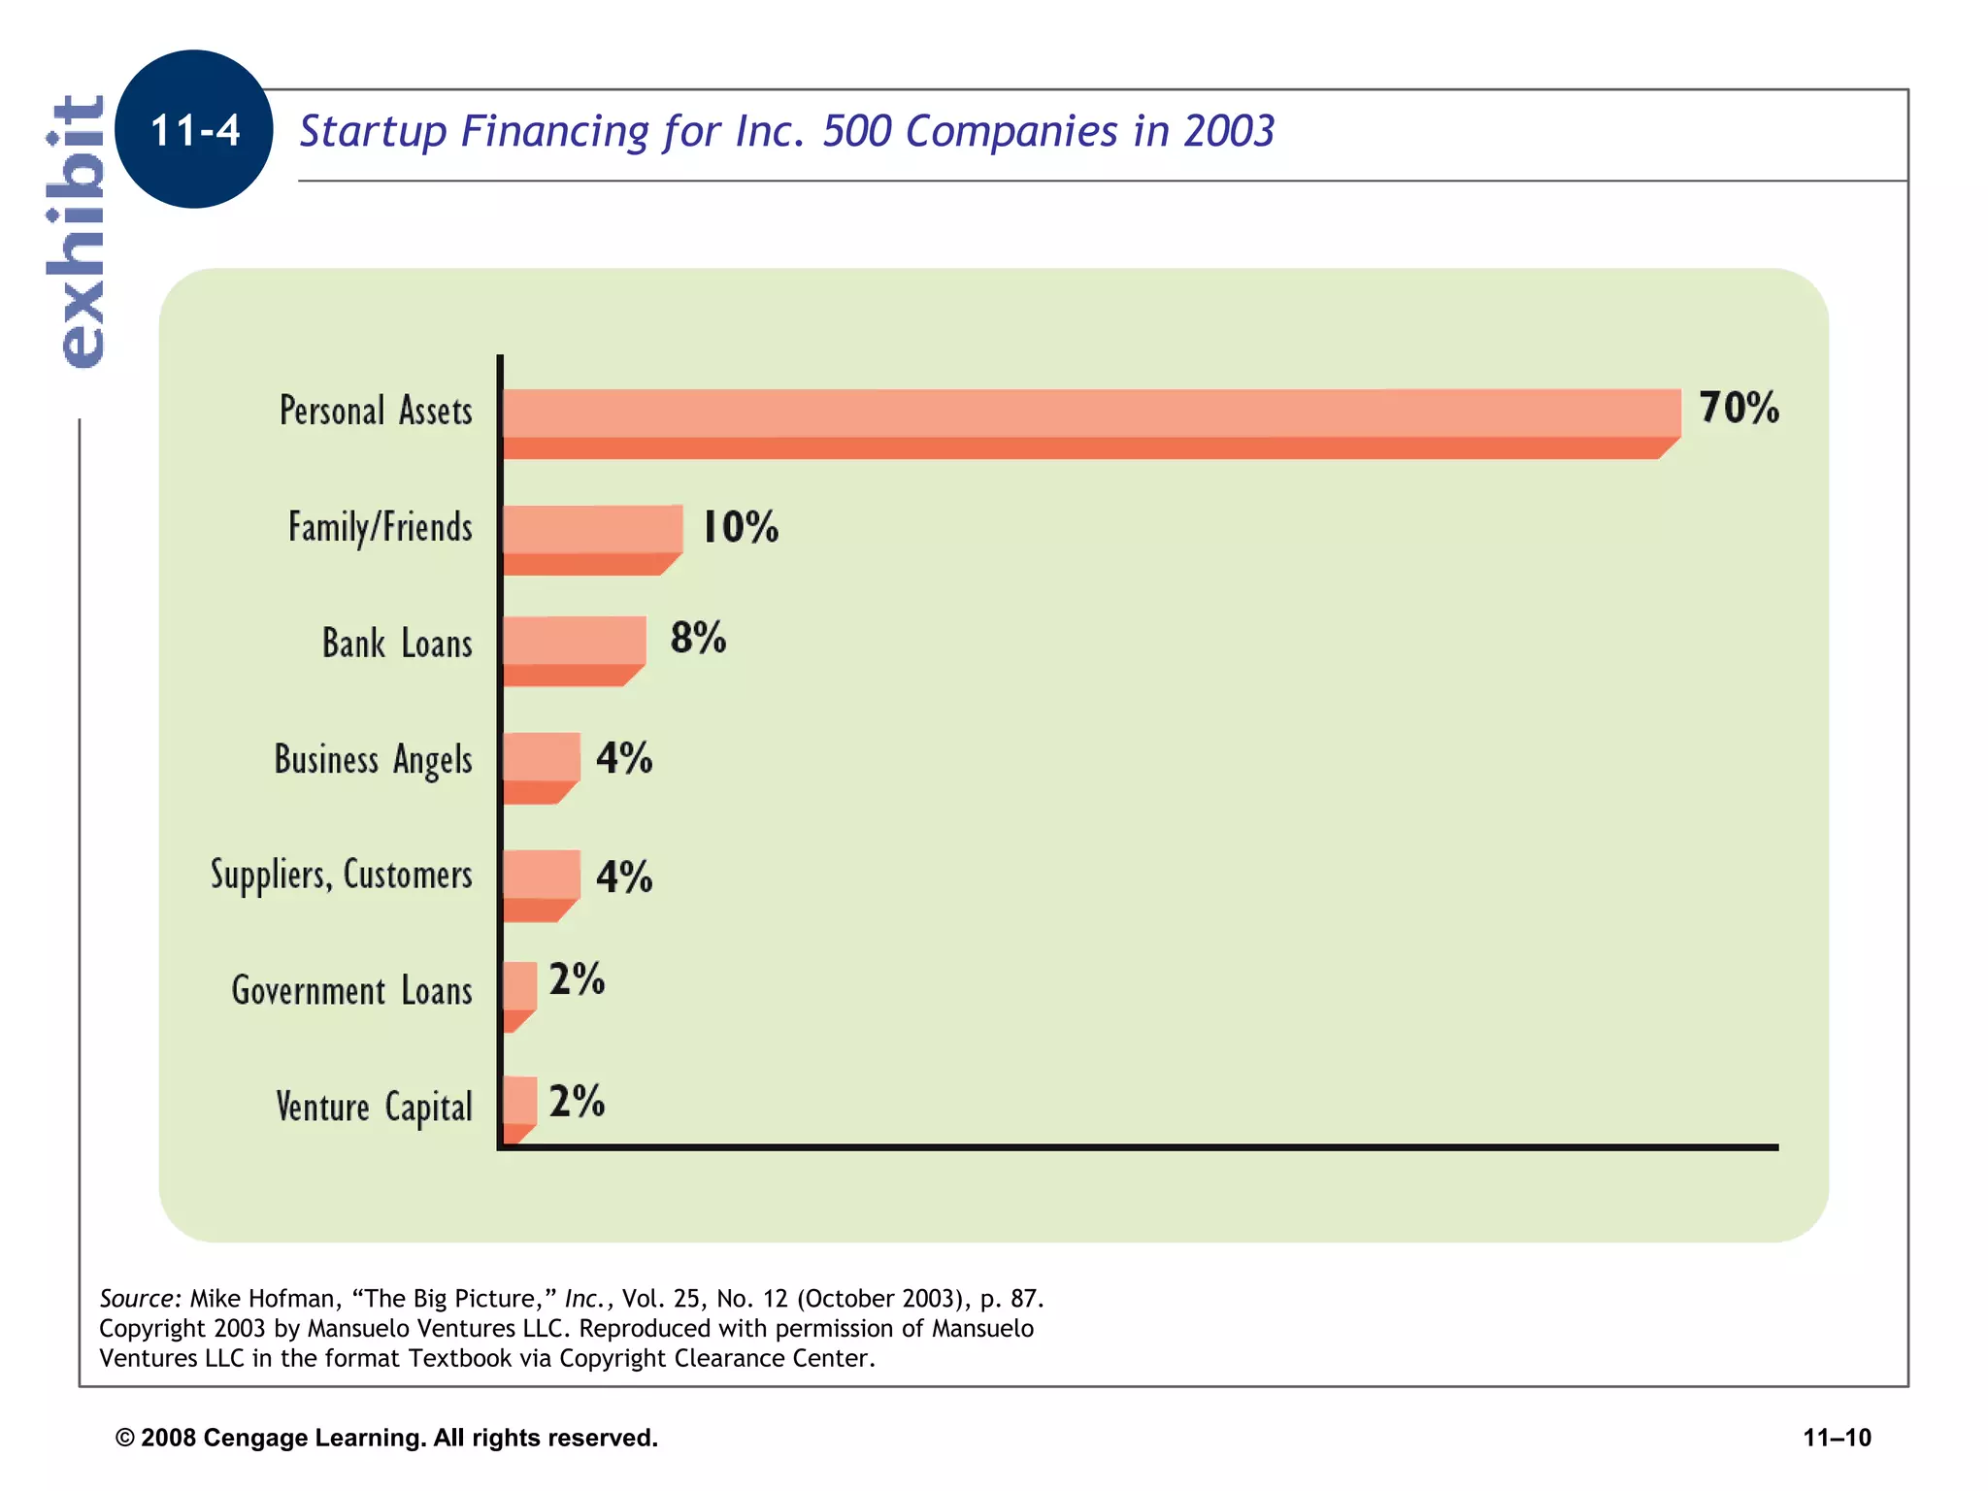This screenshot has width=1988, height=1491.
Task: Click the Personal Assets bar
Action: (1087, 422)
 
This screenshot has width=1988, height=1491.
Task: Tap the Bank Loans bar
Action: (574, 649)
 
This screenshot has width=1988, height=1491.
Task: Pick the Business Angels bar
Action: (541, 766)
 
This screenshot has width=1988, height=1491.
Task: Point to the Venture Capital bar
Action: (519, 1108)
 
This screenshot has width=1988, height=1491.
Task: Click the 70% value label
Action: (1739, 408)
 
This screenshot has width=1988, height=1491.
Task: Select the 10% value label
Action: (740, 527)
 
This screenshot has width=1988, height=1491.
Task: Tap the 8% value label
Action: (698, 638)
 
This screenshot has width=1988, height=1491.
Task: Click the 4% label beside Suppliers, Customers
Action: (623, 877)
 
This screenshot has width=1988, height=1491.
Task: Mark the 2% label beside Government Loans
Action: (577, 979)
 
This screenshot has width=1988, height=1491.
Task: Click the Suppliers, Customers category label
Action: (342, 875)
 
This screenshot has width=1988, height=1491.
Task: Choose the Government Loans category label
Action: (351, 991)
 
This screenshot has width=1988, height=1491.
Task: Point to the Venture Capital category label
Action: (374, 1107)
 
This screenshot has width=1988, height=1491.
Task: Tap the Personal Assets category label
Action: (376, 411)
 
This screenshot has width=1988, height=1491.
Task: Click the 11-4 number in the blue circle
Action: (195, 130)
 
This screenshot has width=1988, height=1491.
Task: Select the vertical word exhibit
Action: (78, 231)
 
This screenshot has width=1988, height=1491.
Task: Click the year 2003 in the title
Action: (1228, 131)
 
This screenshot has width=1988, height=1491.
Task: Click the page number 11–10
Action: (1837, 1438)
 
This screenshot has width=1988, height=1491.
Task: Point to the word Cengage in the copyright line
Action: (255, 1438)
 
